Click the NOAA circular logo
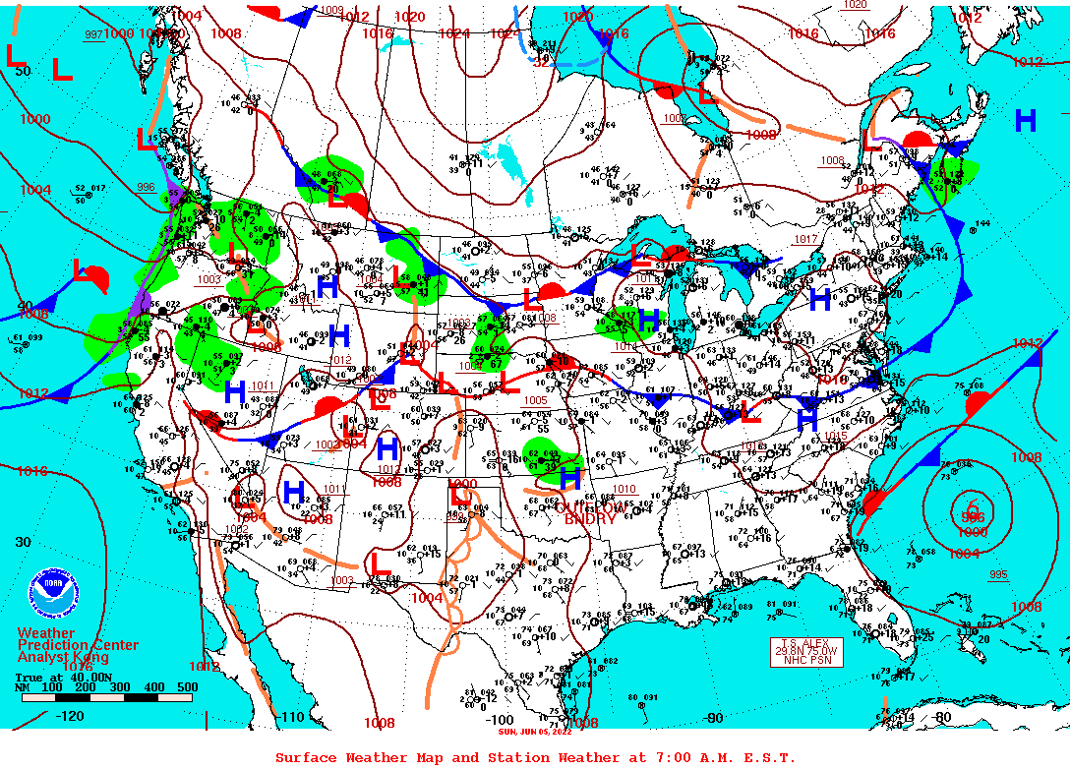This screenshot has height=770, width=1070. (53, 592)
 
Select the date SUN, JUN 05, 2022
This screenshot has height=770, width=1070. (534, 732)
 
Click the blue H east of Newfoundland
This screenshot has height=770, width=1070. (1025, 121)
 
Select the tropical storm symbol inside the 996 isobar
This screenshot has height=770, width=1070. (974, 509)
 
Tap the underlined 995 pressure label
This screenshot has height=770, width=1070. (997, 575)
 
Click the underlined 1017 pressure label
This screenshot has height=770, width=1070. (805, 239)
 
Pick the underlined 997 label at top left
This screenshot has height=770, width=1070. (93, 34)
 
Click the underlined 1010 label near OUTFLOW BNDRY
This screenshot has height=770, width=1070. (624, 489)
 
